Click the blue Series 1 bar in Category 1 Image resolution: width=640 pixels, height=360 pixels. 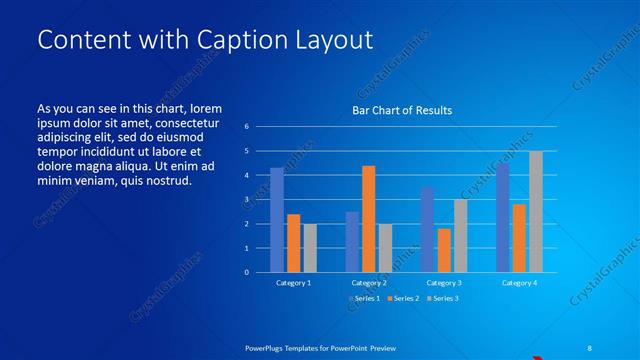click(x=277, y=220)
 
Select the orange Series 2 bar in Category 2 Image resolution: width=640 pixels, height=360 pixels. click(x=369, y=219)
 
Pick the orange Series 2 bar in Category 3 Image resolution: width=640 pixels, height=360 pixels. click(x=444, y=250)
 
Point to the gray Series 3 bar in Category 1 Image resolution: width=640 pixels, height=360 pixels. click(x=310, y=248)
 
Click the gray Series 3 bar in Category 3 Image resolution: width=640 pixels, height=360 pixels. click(x=460, y=236)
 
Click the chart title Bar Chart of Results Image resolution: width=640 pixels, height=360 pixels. click(x=402, y=110)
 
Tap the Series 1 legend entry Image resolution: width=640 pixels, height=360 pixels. click(x=364, y=298)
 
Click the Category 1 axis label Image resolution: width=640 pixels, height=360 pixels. click(x=293, y=283)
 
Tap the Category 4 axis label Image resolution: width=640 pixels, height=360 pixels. click(x=518, y=283)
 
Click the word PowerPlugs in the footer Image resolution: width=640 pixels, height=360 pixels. click(x=268, y=347)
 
